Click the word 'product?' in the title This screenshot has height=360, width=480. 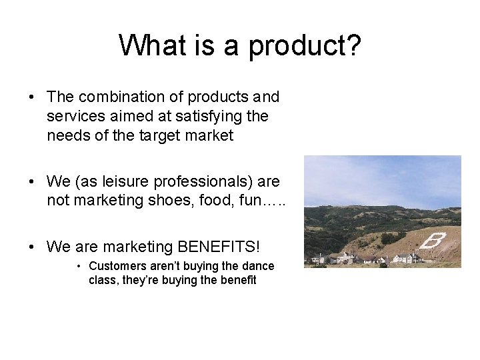[305, 46]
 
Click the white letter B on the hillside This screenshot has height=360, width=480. [432, 241]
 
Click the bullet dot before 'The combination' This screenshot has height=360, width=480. [32, 97]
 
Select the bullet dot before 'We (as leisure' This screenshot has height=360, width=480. [32, 181]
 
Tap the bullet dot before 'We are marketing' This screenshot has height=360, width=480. [32, 247]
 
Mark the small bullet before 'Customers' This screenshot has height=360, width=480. [79, 266]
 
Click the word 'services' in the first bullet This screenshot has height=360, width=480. [71, 117]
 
